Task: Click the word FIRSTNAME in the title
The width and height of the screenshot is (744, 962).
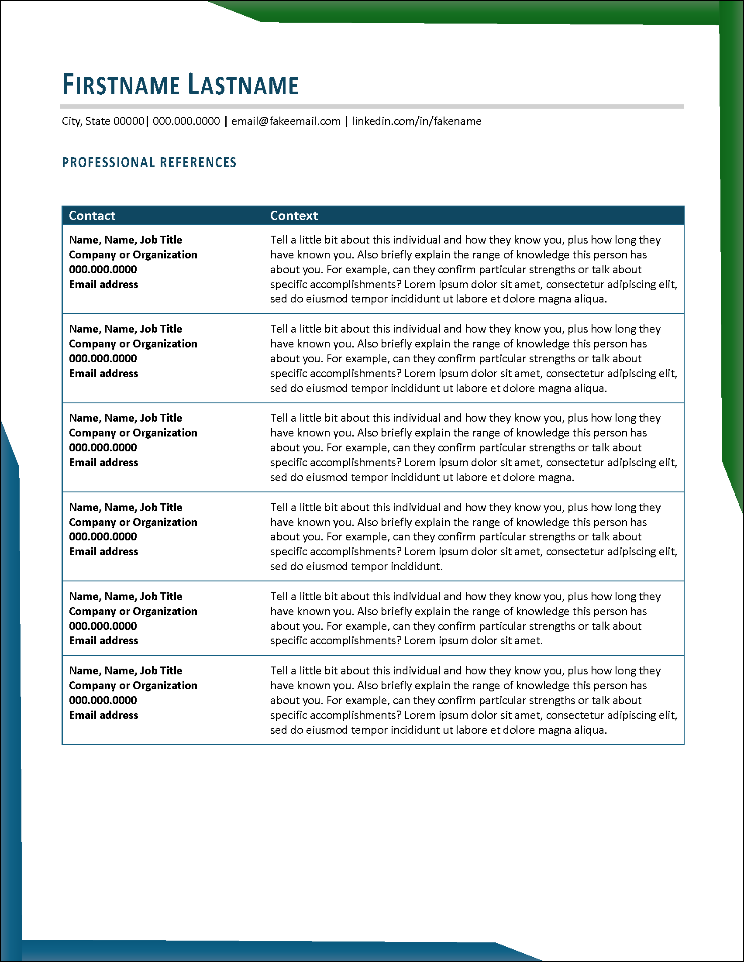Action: [x=121, y=85]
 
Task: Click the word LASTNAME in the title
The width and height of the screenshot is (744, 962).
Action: [x=243, y=85]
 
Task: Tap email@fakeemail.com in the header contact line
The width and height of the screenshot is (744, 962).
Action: [x=286, y=121]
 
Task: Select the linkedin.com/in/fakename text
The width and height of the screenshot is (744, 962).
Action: [x=416, y=121]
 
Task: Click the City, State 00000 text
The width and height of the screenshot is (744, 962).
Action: [x=103, y=121]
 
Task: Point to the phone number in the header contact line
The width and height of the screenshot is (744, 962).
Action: [x=186, y=121]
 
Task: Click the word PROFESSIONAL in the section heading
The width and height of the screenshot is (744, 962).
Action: [x=108, y=162]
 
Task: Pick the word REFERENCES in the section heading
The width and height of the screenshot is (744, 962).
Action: [x=198, y=162]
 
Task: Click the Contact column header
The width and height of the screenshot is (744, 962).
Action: [x=92, y=215]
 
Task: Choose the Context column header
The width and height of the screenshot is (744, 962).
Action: [x=294, y=215]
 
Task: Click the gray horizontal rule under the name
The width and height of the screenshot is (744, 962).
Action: [x=372, y=107]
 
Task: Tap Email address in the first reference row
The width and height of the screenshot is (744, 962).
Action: [x=103, y=285]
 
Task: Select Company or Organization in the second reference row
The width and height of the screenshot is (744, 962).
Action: [x=133, y=344]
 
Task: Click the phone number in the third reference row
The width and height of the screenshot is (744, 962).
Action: [x=103, y=447]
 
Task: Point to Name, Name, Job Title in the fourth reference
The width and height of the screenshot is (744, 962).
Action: [x=126, y=508]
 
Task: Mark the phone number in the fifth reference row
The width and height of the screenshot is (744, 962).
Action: [x=103, y=626]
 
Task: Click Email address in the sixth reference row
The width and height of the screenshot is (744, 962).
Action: [x=103, y=715]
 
